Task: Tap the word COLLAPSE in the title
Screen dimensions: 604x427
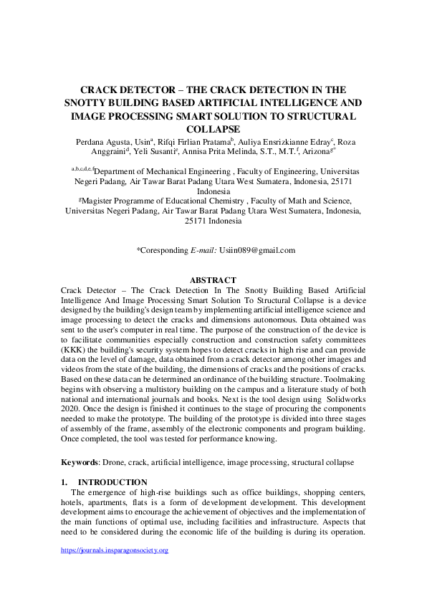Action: pyautogui.click(x=213, y=128)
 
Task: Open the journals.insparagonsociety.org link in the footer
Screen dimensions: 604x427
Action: pyautogui.click(x=114, y=550)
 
